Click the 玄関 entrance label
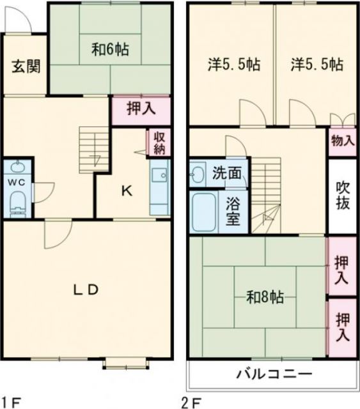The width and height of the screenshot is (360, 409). [x=25, y=66]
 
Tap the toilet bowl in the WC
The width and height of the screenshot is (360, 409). [x=17, y=204]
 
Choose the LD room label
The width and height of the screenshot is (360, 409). [x=85, y=289]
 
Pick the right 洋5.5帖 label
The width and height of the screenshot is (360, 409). [x=317, y=65]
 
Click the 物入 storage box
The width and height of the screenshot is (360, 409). [x=343, y=141]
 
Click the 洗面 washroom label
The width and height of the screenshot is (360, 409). [x=226, y=173]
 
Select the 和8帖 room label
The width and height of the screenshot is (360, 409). [x=265, y=297]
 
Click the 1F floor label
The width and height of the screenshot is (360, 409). [x=12, y=403]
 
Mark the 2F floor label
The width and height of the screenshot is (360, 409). [x=194, y=403]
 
